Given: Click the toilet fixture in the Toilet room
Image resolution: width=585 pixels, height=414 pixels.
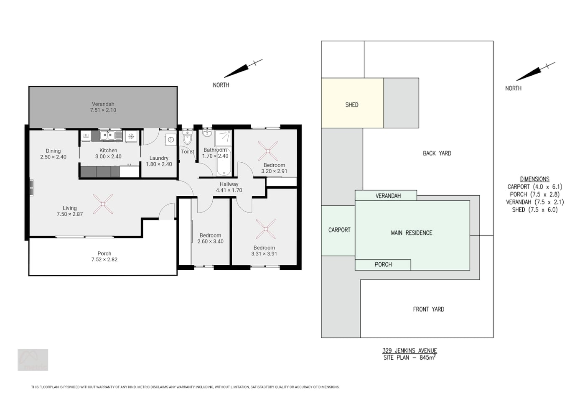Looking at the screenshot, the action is point(187,138).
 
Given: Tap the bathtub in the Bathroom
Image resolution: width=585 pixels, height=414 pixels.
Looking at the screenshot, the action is point(224,162).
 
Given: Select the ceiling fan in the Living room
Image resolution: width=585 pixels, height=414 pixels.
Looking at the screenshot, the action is point(103,204).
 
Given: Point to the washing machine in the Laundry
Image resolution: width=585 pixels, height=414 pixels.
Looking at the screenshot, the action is point(171,140).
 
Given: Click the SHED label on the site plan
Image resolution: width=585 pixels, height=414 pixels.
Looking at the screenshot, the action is point(352,105).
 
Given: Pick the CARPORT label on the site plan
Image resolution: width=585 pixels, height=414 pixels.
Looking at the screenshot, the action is point(339,230).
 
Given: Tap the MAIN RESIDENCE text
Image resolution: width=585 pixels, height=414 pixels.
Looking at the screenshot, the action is point(412,233).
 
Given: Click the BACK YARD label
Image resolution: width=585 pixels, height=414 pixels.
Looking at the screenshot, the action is point(437,153).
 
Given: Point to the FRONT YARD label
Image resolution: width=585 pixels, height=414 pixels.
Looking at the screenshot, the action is point(429,309).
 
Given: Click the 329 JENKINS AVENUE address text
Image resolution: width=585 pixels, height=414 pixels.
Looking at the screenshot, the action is point(409,350).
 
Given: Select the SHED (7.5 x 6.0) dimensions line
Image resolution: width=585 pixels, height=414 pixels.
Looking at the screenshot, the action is point(535,210).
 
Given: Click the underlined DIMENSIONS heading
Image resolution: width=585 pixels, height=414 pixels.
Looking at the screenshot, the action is point(534,179).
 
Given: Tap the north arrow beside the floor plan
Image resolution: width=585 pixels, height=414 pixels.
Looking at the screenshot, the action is point(243,68).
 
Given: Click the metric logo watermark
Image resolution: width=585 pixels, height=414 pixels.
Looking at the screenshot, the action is point(33,360).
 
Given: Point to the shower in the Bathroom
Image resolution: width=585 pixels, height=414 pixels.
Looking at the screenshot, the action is point(223,138).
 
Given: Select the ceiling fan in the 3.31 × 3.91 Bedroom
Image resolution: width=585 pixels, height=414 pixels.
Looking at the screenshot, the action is point(266,229).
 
